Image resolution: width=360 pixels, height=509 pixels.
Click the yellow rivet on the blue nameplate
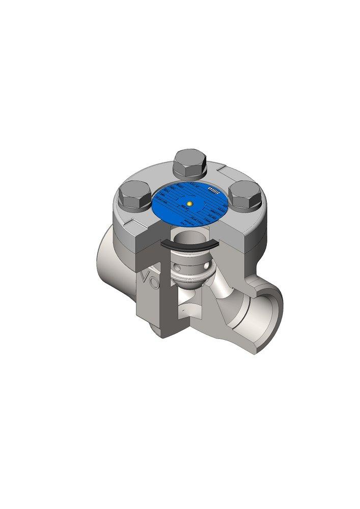pos(189,204)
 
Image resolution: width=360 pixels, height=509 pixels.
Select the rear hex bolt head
pos(189,163)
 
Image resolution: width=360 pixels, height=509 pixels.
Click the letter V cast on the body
pos(146,279)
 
